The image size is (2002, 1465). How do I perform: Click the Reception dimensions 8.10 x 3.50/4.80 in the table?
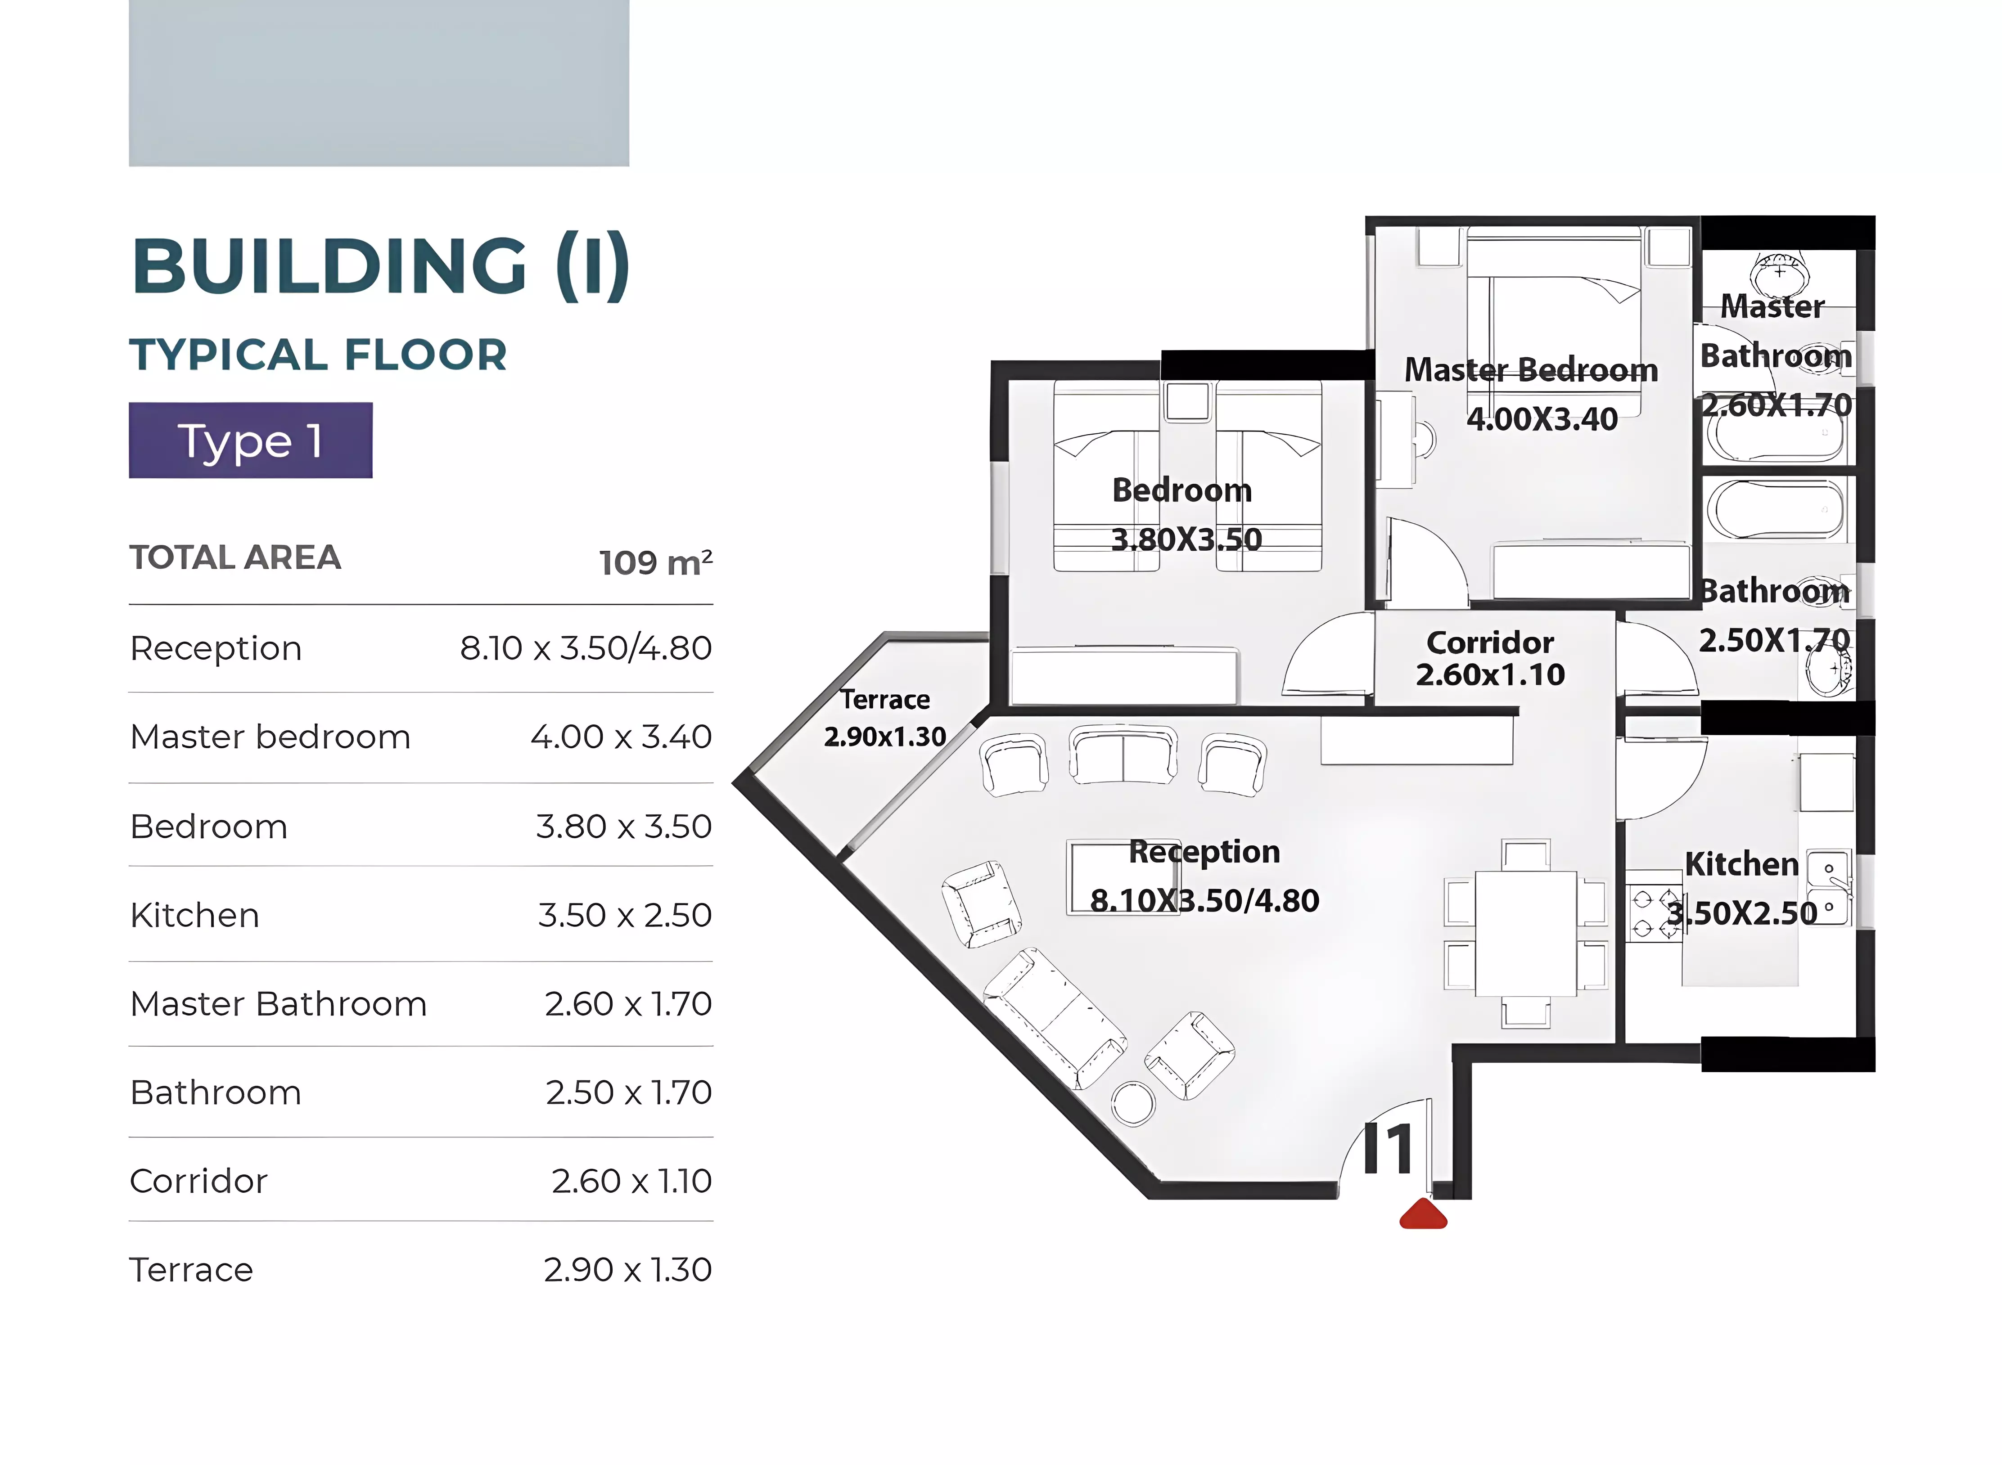pos(586,648)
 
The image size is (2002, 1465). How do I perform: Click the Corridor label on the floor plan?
pos(1490,642)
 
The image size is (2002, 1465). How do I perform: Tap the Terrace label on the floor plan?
pos(885,700)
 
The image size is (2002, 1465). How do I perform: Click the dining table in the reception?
pos(1526,933)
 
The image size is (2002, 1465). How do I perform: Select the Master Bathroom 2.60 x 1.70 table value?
pos(628,1004)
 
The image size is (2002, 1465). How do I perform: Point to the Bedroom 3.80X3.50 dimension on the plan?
pos(1186,539)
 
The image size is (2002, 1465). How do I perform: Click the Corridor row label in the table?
pos(198,1181)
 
